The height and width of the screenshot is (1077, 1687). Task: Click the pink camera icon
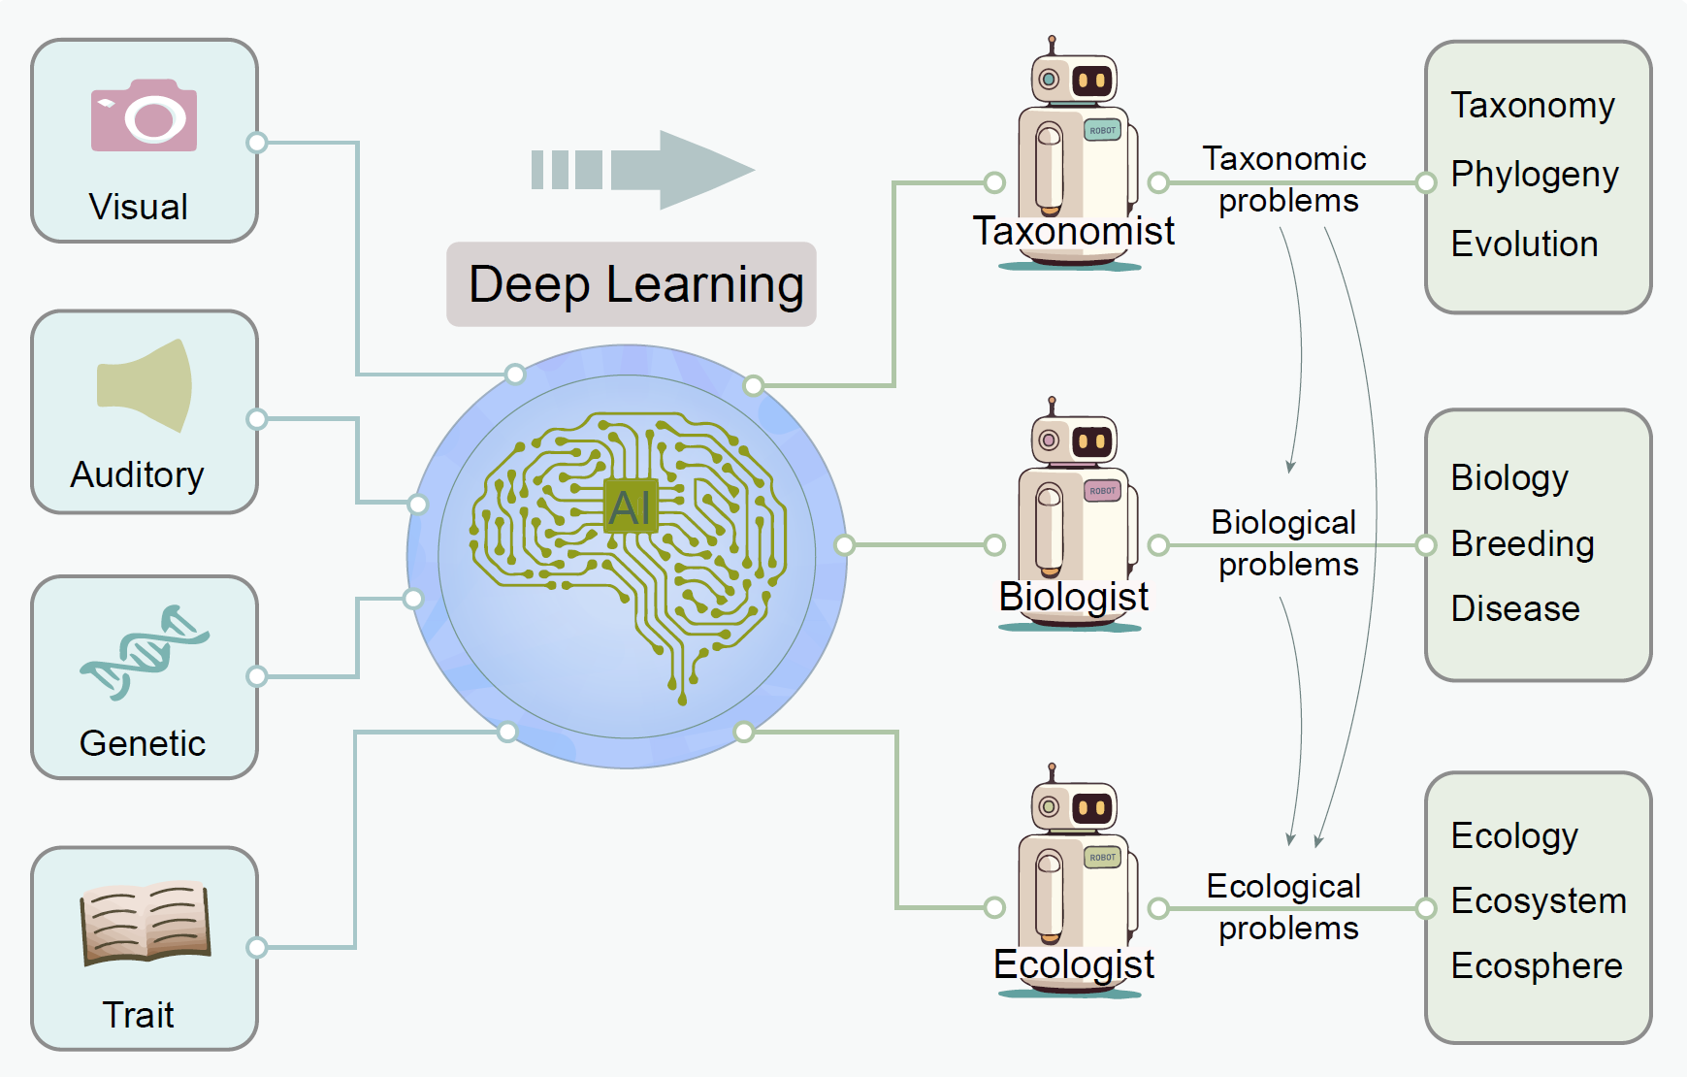pos(144,116)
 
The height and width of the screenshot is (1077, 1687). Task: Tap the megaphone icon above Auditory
pos(146,385)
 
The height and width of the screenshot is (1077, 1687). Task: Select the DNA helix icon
pos(145,652)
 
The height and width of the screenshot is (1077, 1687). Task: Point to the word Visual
pos(139,207)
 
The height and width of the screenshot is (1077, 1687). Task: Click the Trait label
pos(139,1015)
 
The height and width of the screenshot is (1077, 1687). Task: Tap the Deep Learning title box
pos(632,284)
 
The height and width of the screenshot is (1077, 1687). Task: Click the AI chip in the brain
pos(631,506)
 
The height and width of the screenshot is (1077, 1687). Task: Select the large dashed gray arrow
pos(642,170)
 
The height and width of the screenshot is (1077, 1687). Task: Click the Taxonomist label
pos(1074,231)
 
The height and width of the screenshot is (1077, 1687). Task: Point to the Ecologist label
pos(1074,964)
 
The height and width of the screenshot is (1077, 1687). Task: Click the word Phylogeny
pos(1535,175)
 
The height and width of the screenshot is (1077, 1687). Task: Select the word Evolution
pos(1524,244)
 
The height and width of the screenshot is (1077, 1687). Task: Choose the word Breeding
pos(1522,543)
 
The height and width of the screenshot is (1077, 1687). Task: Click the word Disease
pos(1515,608)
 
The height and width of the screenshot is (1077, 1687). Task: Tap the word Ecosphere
pos(1537,965)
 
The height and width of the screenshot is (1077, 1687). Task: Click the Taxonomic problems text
pos(1285,179)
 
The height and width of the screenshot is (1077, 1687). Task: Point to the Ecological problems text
pos(1285,907)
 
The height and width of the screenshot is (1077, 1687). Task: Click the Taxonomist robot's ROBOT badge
pos(1102,130)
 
